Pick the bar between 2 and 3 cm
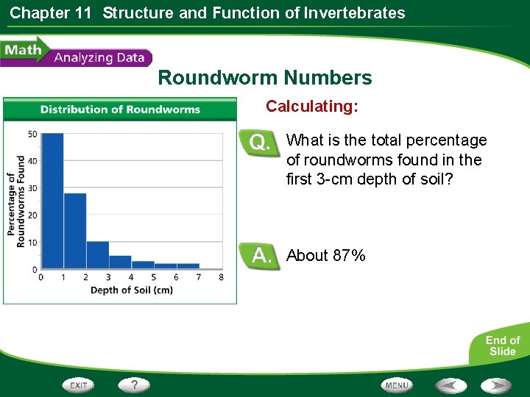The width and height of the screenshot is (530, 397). tap(98, 254)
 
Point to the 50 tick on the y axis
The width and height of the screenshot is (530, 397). tap(32, 134)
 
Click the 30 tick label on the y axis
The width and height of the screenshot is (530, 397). tap(32, 188)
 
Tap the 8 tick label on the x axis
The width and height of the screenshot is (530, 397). tap(222, 277)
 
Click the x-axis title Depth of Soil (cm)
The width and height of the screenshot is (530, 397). tap(131, 290)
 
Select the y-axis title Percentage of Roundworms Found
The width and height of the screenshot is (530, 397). tap(16, 201)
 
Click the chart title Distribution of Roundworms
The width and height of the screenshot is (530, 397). tap(120, 110)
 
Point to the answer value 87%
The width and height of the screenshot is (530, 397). tap(349, 256)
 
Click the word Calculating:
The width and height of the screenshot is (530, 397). tap(312, 107)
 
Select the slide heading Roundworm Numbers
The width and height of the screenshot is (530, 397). tap(265, 78)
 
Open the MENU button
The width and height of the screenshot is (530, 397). tap(397, 385)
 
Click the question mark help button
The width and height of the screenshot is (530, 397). tap(135, 385)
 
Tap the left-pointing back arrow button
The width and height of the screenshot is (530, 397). tap(450, 385)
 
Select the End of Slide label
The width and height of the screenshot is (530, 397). tap(503, 346)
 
